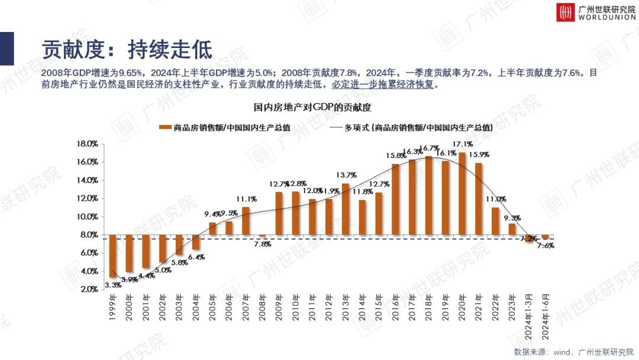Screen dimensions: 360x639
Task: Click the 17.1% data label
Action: click(x=462, y=144)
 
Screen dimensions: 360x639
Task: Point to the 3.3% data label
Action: click(x=112, y=285)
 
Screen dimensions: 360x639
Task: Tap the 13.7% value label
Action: click(x=346, y=175)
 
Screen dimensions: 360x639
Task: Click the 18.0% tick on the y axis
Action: click(x=87, y=144)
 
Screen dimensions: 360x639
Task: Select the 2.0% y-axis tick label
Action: click(x=88, y=290)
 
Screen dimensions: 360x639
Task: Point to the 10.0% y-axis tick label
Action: click(x=87, y=217)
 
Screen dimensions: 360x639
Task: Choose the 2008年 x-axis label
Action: click(x=262, y=306)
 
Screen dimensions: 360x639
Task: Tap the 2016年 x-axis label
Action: click(x=395, y=306)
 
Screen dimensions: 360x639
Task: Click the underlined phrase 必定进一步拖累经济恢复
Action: click(x=384, y=85)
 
